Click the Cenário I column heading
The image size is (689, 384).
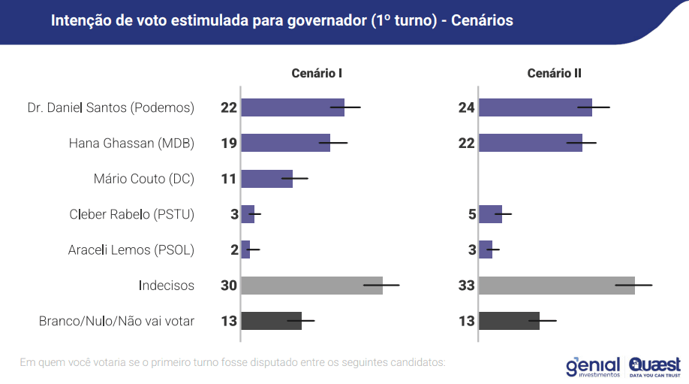(x=317, y=74)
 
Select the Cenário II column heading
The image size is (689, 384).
(x=554, y=74)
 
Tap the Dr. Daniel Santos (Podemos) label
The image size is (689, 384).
(x=110, y=107)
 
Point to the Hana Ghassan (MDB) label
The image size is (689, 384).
(x=131, y=144)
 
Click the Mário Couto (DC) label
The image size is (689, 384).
(x=143, y=179)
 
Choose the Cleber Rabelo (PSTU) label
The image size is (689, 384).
(x=131, y=214)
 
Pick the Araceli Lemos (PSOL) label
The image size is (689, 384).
(x=131, y=250)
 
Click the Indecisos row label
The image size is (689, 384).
(x=166, y=286)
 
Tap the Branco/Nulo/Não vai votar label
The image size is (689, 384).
(x=116, y=321)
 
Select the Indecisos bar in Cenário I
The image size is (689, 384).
(x=311, y=286)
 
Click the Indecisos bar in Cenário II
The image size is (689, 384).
(x=556, y=286)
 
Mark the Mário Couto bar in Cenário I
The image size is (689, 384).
(x=266, y=179)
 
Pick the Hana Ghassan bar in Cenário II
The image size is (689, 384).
(x=530, y=143)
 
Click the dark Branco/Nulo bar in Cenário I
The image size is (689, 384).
(x=271, y=321)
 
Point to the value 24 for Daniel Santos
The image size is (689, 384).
(x=467, y=107)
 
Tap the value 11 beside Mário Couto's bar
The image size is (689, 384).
(x=229, y=179)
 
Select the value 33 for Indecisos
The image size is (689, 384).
(x=467, y=286)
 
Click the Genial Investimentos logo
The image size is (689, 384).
(x=593, y=365)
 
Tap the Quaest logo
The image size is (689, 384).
(x=654, y=365)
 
